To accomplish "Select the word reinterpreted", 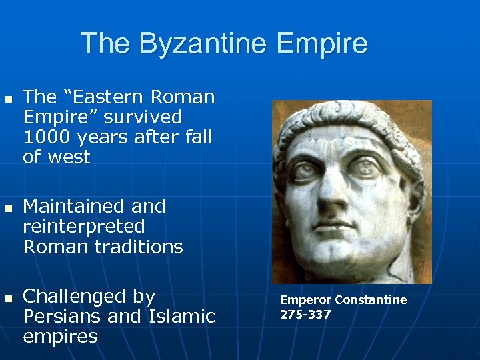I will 83,227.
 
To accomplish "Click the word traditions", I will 140,247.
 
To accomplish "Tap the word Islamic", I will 179,316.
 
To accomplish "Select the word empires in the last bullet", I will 60,336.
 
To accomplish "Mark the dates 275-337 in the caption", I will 305,314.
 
